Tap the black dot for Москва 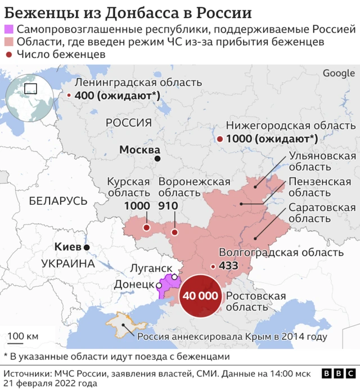pos(158,159)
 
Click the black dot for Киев pos(87,248)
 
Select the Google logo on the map pos(339,74)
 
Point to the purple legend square pos(9,30)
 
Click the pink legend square pos(9,42)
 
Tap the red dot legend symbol pos(9,55)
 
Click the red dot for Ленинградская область pos(69,96)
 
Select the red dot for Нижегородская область pos(219,139)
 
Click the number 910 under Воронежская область pos(168,206)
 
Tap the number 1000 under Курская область pos(137,206)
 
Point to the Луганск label pos(151,267)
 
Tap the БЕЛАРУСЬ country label pos(58,201)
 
